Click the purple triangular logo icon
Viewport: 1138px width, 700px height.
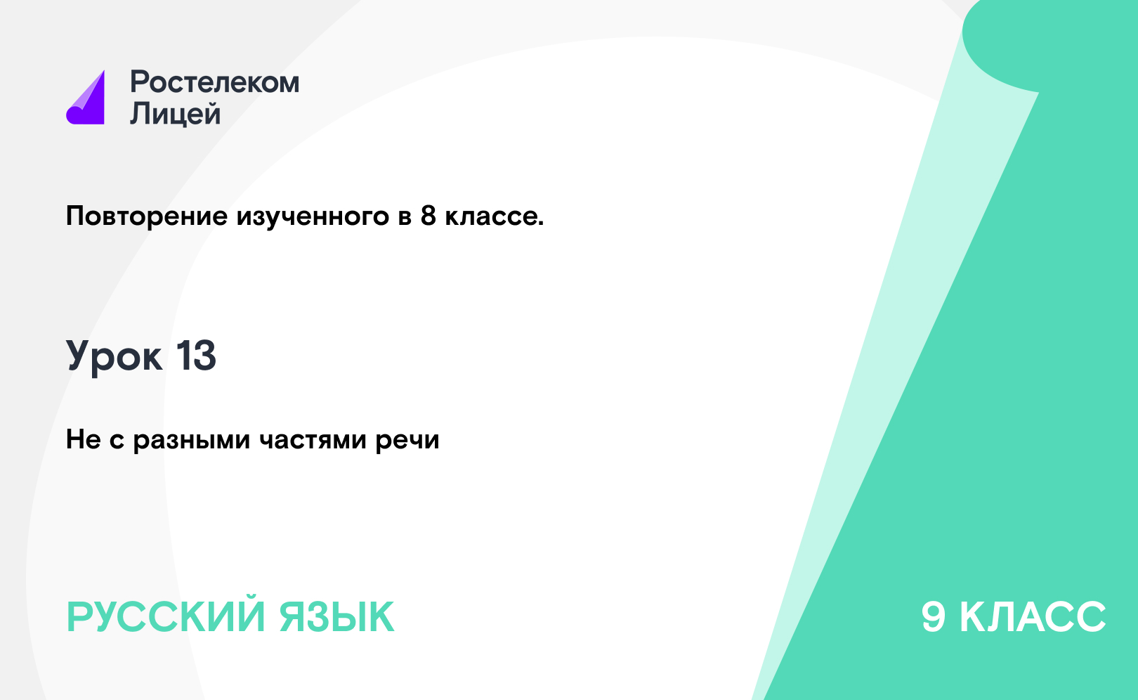pos(86,98)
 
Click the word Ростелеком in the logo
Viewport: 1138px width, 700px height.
pos(214,82)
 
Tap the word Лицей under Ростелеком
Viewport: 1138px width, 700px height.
pos(175,113)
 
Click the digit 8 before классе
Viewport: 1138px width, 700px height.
pos(429,216)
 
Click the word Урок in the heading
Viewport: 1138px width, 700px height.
pos(114,356)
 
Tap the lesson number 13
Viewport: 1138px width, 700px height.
pos(196,355)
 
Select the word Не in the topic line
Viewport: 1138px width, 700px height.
pos(84,439)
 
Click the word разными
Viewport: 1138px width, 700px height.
pos(192,441)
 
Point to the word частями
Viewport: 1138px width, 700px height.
pos(313,440)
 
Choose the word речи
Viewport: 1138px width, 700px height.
pos(407,441)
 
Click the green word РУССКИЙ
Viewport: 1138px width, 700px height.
pos(166,617)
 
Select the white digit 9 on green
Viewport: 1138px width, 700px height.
pos(934,617)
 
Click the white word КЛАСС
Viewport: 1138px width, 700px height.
pos(1033,617)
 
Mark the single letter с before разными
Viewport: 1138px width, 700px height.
pos(117,441)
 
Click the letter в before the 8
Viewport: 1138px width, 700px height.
pos(405,218)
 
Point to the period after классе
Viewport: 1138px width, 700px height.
pos(541,223)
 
